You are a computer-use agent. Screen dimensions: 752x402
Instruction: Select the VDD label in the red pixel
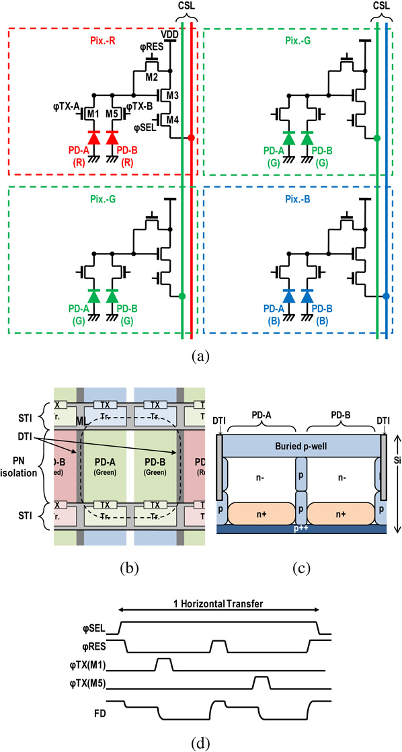click(x=170, y=33)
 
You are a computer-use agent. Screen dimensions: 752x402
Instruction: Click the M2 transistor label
click(x=153, y=75)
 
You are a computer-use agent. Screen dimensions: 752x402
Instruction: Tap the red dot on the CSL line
click(x=192, y=138)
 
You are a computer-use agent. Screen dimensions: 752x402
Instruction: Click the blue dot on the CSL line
click(x=387, y=296)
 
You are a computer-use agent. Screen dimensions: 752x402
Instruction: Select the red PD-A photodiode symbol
click(x=93, y=138)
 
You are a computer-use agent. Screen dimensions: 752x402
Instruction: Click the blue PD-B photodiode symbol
click(x=308, y=296)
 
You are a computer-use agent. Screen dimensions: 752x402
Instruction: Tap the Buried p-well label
click(x=301, y=447)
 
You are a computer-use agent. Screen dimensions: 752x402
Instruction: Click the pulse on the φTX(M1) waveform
click(x=163, y=663)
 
